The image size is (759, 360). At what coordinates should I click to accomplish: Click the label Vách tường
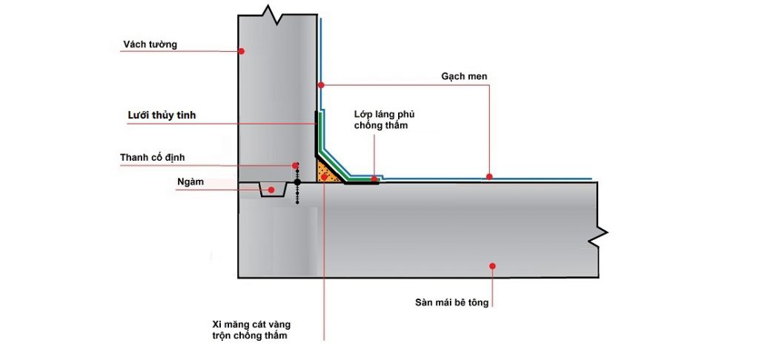(x=150, y=44)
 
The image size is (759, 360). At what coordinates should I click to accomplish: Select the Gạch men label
(x=464, y=76)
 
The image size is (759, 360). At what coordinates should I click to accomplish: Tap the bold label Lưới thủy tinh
(x=162, y=115)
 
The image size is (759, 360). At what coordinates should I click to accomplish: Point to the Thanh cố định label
(x=153, y=157)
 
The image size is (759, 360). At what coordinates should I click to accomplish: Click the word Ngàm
(x=190, y=182)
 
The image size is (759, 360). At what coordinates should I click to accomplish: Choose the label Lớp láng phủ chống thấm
(x=385, y=120)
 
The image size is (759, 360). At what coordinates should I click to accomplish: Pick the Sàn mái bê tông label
(x=451, y=303)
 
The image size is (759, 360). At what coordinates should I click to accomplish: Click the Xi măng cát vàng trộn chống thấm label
(x=251, y=330)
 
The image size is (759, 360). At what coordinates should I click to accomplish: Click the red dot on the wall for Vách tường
(x=242, y=51)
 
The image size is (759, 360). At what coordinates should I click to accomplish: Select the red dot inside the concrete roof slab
(x=492, y=266)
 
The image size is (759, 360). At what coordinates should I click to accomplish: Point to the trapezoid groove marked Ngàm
(x=274, y=189)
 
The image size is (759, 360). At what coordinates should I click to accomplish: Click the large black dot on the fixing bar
(x=297, y=182)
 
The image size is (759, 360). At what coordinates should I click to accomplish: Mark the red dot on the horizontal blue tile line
(x=489, y=176)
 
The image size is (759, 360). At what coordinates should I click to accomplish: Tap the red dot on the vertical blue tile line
(x=320, y=85)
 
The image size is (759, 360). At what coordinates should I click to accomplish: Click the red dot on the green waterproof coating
(x=374, y=179)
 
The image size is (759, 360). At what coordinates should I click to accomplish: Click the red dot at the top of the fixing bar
(x=295, y=165)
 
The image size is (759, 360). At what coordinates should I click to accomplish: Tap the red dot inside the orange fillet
(x=324, y=178)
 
